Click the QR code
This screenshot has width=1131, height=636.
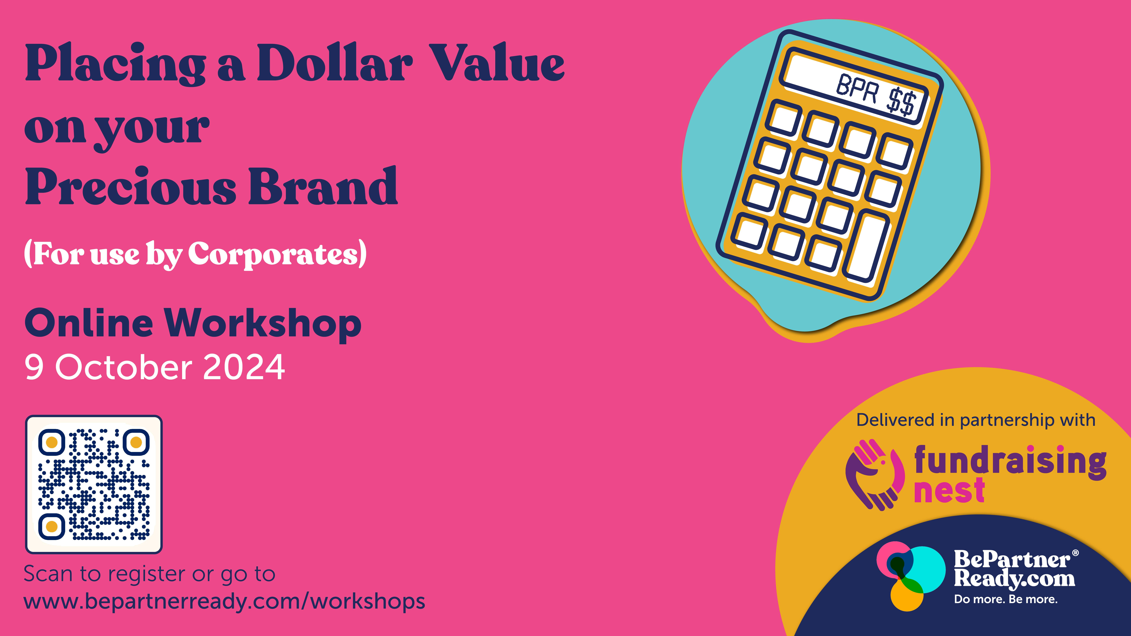click(94, 484)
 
